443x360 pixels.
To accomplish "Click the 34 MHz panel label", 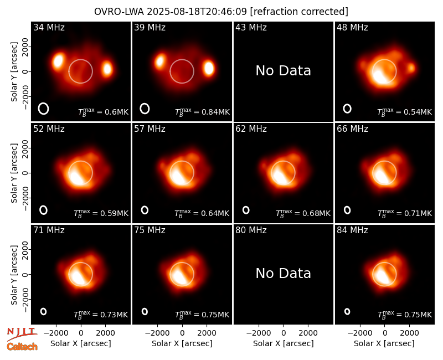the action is click(49, 27).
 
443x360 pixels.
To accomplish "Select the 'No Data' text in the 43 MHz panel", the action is click(283, 71).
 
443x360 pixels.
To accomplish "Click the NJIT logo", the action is click(22, 333).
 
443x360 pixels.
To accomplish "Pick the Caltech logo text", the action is click(22, 347).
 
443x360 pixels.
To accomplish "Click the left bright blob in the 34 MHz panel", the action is click(58, 61).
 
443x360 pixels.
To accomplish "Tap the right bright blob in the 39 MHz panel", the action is click(209, 68).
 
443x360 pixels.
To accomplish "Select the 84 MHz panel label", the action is click(352, 230).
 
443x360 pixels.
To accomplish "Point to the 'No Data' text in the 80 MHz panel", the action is click(283, 274).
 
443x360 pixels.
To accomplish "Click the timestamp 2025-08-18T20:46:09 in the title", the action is click(197, 12).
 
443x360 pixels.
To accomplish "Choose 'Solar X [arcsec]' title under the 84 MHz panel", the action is click(384, 343).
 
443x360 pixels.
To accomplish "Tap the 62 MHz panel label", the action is click(251, 129).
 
